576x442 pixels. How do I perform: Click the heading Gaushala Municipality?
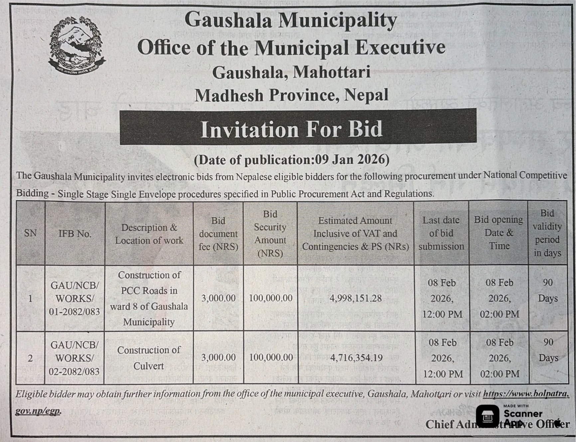pos(291,20)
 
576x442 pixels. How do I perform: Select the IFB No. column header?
pos(75,234)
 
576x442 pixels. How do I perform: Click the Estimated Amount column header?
pos(355,234)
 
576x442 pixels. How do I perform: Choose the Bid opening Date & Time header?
pos(499,233)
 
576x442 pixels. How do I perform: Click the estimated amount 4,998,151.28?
pos(356,298)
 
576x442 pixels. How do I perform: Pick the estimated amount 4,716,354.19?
pos(356,358)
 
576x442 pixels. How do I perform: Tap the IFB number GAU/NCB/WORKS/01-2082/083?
pos(74,298)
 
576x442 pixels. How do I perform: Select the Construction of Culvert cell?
pos(149,358)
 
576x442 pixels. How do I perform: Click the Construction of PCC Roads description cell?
pos(149,298)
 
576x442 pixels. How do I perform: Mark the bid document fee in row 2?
pos(218,358)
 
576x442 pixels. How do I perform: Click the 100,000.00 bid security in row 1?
pos(271,298)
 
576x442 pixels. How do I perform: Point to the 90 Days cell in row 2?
pos(548,350)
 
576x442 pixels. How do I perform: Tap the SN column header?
pos(30,233)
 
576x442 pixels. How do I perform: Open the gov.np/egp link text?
pos(38,411)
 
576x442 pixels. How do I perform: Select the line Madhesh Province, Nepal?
pos(291,95)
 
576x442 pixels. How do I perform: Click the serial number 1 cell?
pos(30,298)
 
